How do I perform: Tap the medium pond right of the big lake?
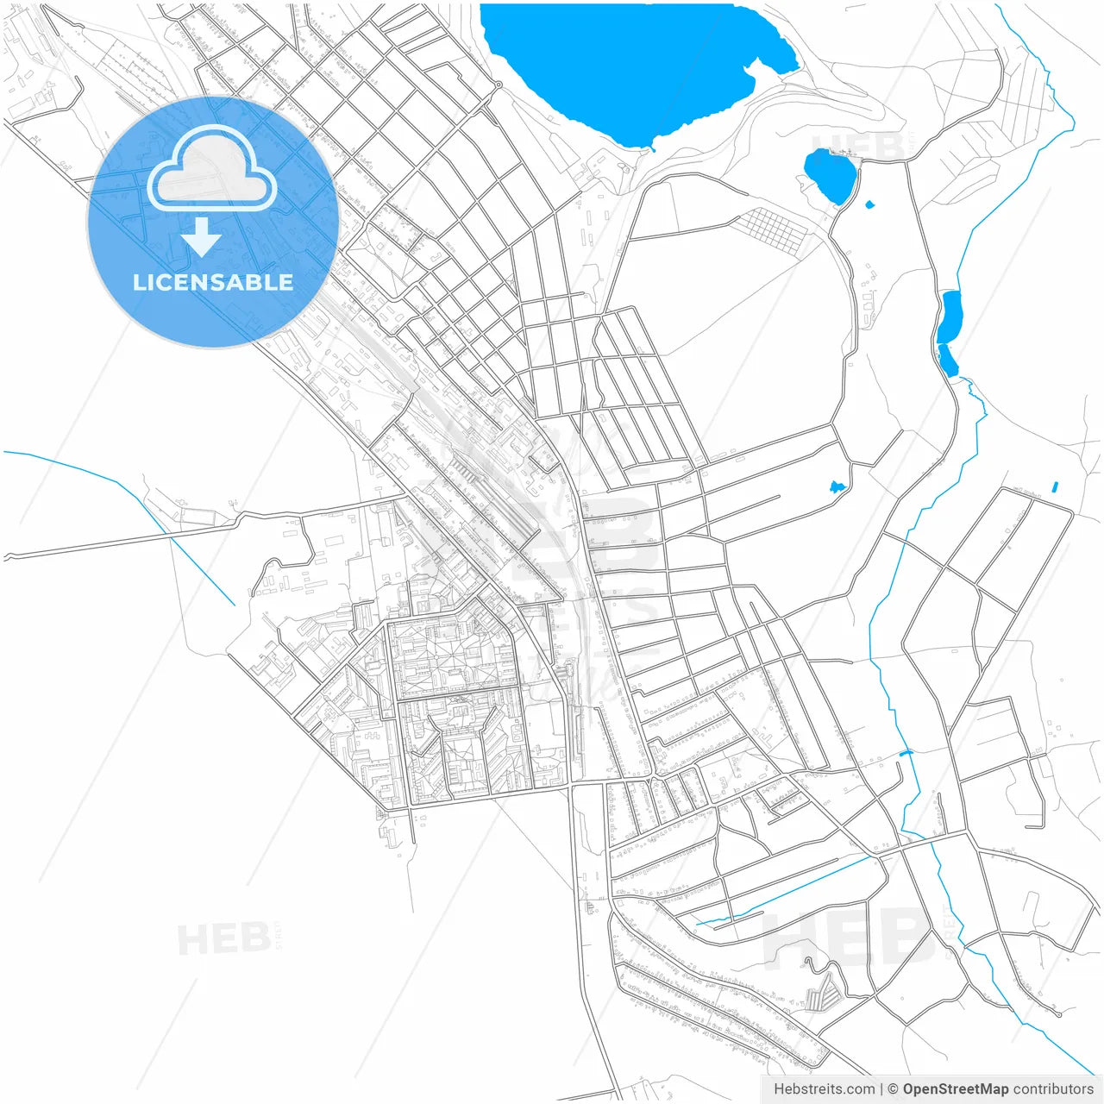click(830, 175)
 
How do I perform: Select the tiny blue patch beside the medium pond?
click(869, 204)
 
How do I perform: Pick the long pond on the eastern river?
click(950, 317)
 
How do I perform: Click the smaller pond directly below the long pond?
click(948, 361)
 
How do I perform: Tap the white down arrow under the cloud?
click(202, 237)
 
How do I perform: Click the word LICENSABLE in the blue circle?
click(212, 282)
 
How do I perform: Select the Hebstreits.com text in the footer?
click(824, 1089)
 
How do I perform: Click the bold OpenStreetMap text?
click(955, 1089)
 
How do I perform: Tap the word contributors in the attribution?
click(1053, 1089)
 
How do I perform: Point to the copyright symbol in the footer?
click(894, 1089)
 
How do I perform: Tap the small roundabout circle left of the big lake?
click(499, 85)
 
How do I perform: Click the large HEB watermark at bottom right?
click(850, 940)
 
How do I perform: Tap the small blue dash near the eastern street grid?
click(1055, 487)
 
